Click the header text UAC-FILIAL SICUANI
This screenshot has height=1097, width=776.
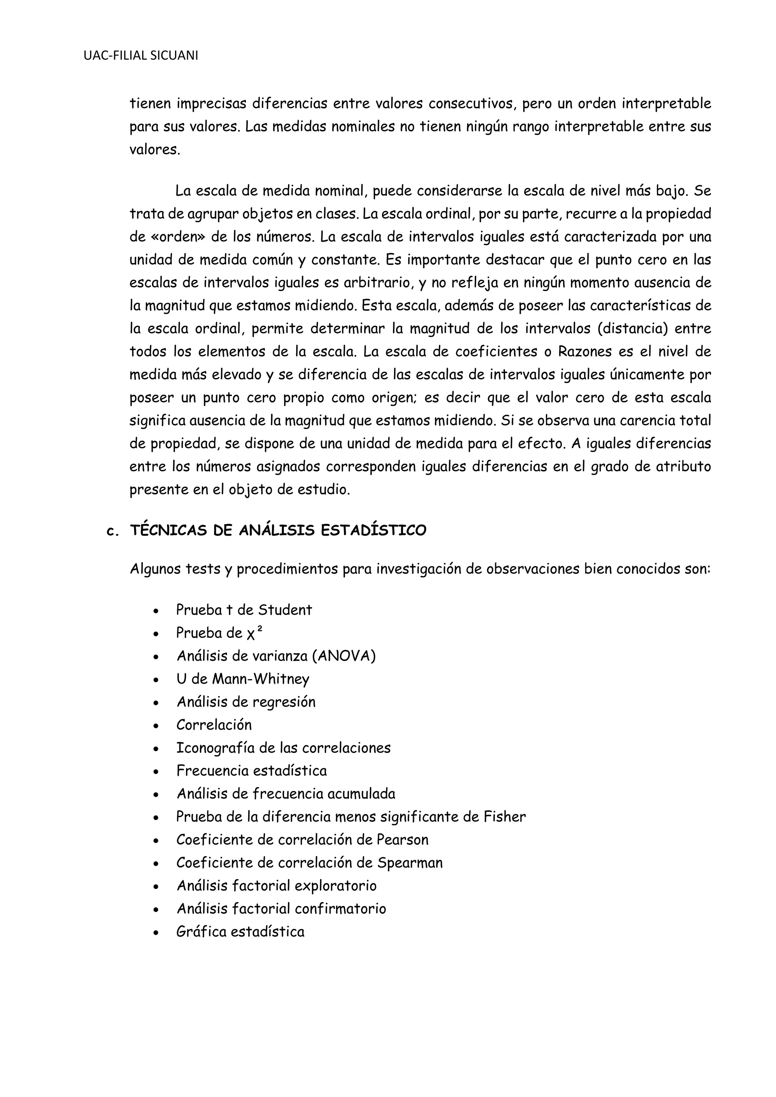141,56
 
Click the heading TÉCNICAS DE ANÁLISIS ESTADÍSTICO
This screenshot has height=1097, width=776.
278,530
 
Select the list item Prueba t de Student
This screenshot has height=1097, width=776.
244,610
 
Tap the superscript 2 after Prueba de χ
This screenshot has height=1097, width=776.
260,629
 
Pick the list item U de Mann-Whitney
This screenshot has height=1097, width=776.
243,679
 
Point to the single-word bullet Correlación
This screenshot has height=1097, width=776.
214,725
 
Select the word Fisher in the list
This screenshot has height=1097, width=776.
505,817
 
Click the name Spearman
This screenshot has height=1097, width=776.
410,863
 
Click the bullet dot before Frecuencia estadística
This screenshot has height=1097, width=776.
156,772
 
